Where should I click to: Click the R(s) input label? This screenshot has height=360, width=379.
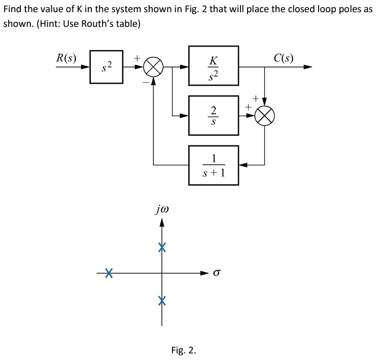pyautogui.click(x=66, y=57)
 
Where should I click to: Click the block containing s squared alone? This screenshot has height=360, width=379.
pyautogui.click(x=106, y=66)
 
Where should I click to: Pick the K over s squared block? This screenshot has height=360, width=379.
pyautogui.click(x=214, y=66)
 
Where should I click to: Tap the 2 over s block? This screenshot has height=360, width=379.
pyautogui.click(x=214, y=115)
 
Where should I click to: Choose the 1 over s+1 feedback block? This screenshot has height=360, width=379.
pyautogui.click(x=214, y=165)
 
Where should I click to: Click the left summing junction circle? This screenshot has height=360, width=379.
pyautogui.click(x=154, y=67)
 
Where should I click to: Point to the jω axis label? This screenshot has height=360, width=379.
pyautogui.click(x=162, y=208)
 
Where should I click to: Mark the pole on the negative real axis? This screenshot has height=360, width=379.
pyautogui.click(x=108, y=273)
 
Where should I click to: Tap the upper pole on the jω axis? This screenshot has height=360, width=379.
pyautogui.click(x=162, y=247)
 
